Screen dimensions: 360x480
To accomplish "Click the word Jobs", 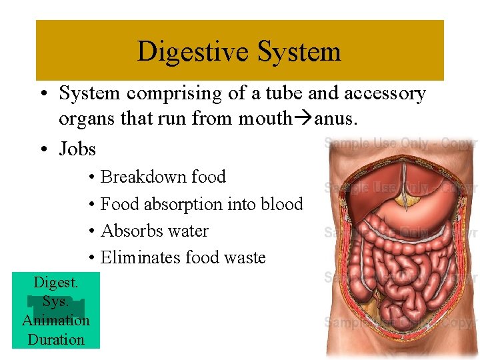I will pyautogui.click(x=77, y=149).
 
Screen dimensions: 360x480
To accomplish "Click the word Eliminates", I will pyautogui.click(x=140, y=257).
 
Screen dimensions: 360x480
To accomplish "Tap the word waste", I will pyautogui.click(x=245, y=257).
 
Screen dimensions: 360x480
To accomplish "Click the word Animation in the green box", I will pyautogui.click(x=56, y=320).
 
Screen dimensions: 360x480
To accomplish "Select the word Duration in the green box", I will pyautogui.click(x=56, y=339).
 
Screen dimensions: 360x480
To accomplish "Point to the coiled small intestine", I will pyautogui.click(x=393, y=267).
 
